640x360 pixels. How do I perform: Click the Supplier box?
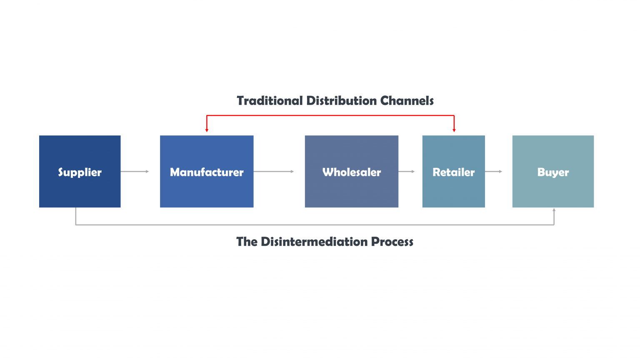(80, 171)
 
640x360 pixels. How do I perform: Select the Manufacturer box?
(207, 171)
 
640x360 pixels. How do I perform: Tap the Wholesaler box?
(351, 171)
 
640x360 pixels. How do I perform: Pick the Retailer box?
(453, 171)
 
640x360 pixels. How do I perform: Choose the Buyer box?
(553, 171)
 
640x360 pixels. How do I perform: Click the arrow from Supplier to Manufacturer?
(135, 171)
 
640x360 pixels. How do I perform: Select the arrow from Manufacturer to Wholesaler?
(273, 171)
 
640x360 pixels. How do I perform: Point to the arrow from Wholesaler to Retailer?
(406, 171)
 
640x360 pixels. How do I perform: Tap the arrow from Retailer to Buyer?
(494, 171)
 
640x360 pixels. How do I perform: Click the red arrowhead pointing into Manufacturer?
(207, 130)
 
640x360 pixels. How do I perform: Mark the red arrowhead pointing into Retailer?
(454, 130)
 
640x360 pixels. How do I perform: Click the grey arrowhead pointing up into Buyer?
(554, 210)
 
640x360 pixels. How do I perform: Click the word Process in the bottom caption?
(392, 242)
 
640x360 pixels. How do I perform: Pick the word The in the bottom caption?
(247, 242)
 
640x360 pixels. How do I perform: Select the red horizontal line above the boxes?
(330, 115)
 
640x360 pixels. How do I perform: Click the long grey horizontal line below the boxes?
(315, 225)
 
